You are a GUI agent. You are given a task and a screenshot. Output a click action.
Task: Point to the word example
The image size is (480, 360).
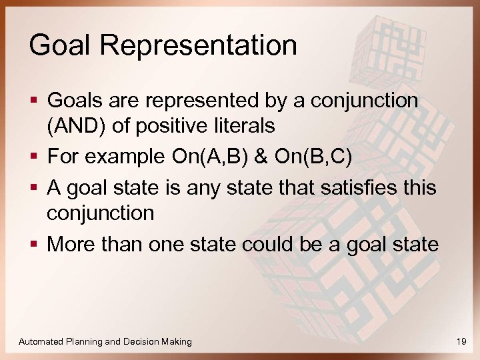pos(123,157)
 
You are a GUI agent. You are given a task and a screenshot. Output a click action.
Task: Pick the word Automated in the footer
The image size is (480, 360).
pos(41,341)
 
